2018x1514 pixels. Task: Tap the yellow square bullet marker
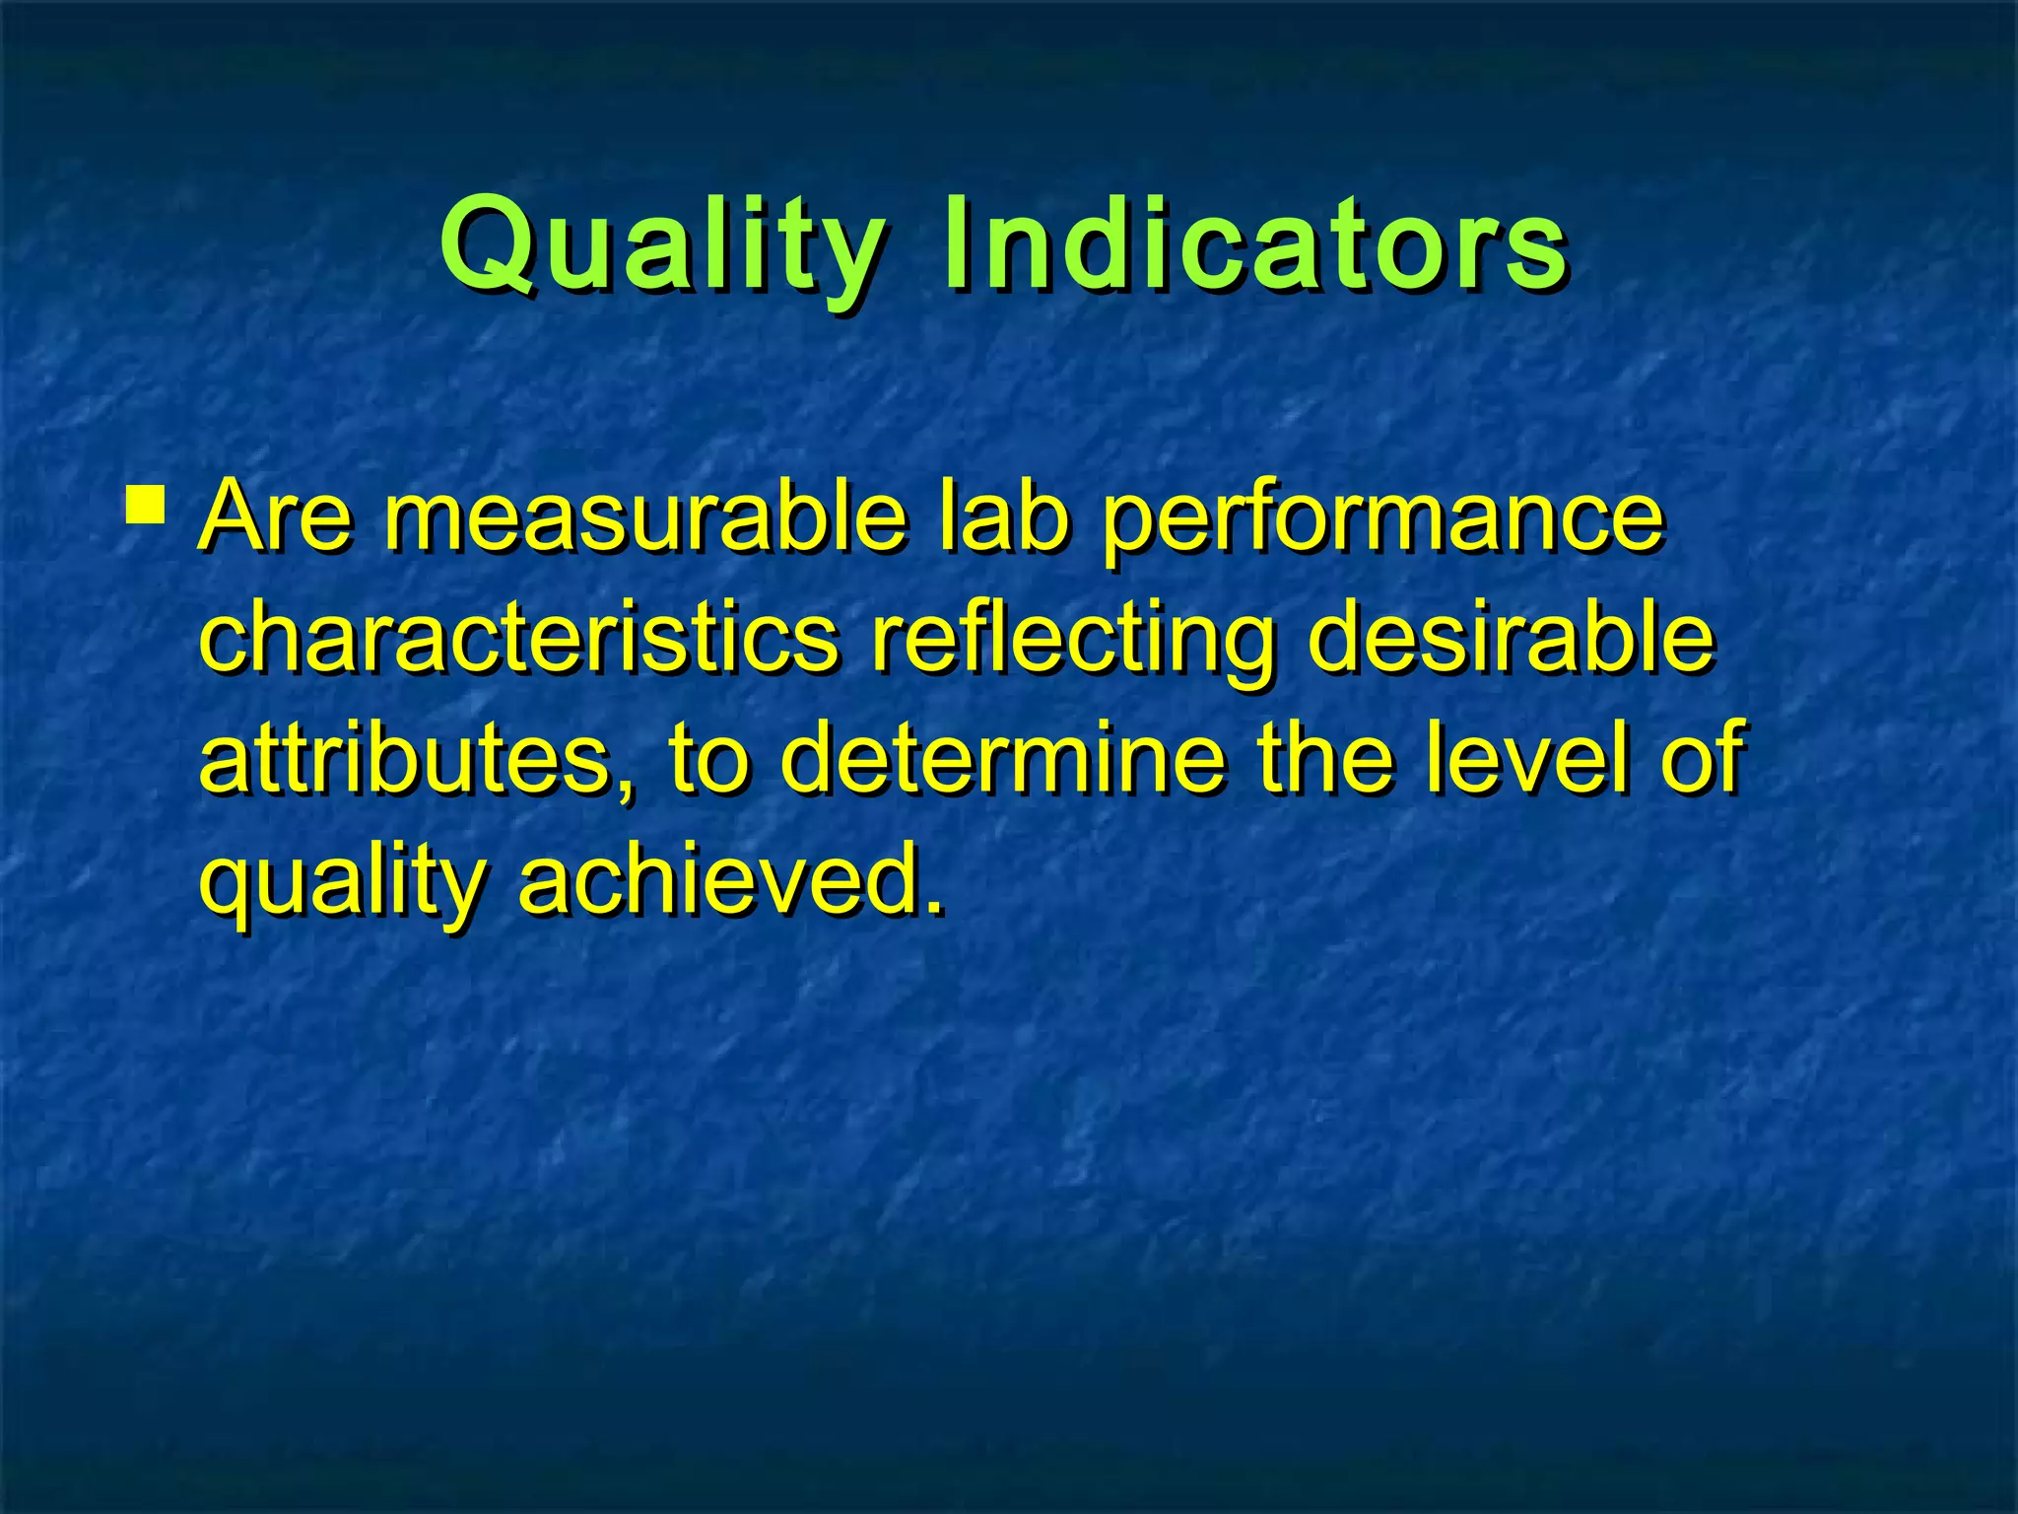[147, 502]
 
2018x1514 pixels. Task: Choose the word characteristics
[519, 640]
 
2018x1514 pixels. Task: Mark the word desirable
[1512, 640]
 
